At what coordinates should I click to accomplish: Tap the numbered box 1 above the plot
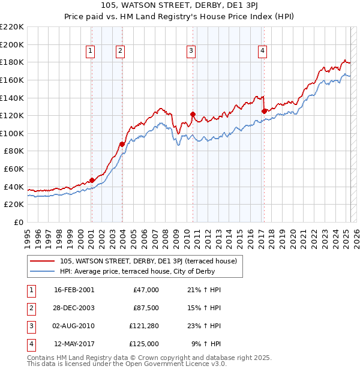tap(90, 52)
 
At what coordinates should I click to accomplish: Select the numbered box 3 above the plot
tap(191, 52)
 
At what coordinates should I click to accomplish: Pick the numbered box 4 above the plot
tap(263, 52)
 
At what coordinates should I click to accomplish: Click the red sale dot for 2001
tap(92, 180)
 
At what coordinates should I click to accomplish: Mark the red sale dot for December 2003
tap(122, 144)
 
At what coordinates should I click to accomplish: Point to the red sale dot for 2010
tap(193, 114)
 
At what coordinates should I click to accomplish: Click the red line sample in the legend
tap(42, 261)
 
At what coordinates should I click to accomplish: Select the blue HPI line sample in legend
tap(42, 271)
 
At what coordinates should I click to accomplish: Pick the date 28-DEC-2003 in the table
tap(74, 308)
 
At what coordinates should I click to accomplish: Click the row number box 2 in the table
tap(31, 308)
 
